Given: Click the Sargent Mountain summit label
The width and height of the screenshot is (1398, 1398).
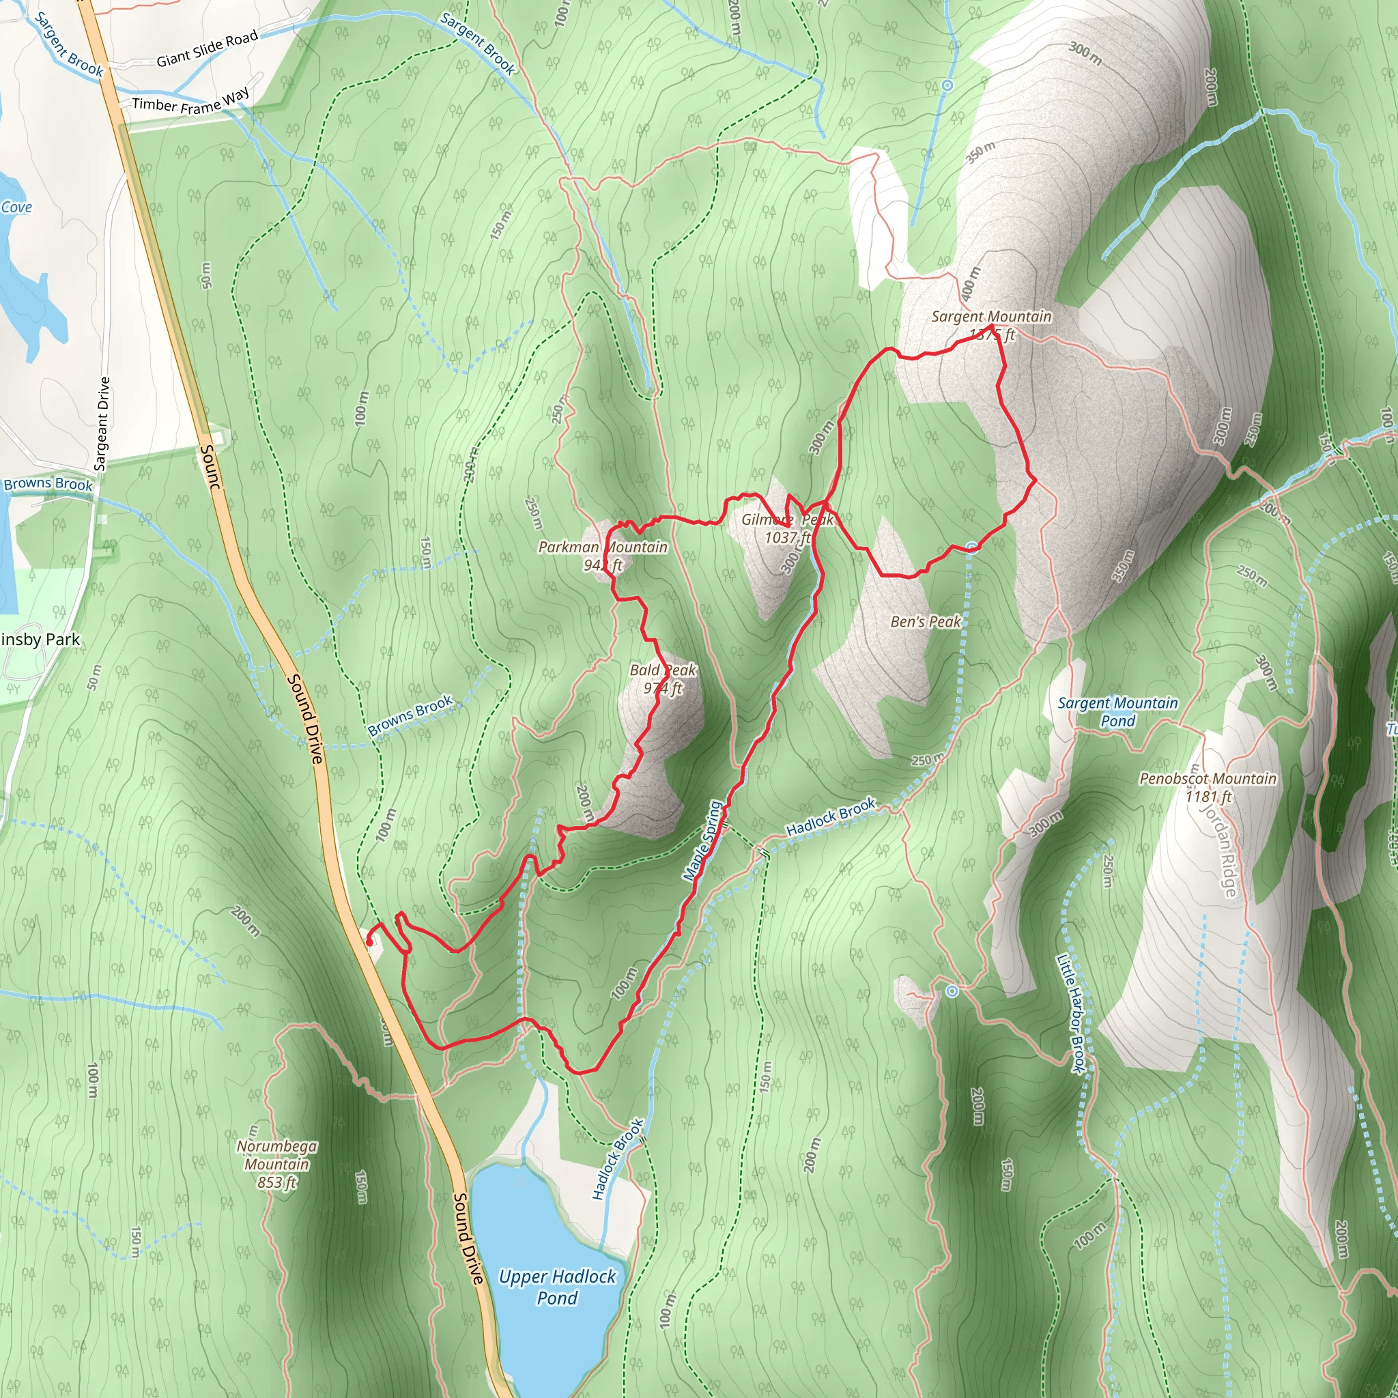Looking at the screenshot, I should click(990, 317).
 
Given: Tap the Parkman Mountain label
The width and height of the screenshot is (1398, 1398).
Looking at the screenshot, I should click(602, 547).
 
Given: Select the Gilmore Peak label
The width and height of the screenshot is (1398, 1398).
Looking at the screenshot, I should click(787, 519).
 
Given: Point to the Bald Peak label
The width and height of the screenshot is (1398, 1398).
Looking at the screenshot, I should click(663, 670).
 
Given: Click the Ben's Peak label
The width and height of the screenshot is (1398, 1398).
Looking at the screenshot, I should click(926, 622).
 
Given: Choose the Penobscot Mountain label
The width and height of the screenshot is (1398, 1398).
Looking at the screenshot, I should click(1208, 779).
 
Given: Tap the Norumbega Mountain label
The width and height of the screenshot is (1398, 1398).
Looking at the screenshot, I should click(276, 1155).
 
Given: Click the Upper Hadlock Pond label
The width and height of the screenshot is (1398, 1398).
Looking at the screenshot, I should click(557, 1287).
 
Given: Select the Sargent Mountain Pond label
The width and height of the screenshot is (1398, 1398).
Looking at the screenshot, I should click(1117, 711).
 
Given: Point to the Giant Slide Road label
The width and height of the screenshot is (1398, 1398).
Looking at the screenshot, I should click(207, 49).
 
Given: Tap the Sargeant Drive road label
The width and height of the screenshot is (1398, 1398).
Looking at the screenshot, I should click(103, 424).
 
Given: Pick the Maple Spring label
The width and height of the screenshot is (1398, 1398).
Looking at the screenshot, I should click(702, 842).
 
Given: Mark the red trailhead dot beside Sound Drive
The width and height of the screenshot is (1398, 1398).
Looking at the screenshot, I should click(370, 942).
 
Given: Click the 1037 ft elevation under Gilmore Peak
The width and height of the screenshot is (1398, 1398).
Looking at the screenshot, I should click(787, 538).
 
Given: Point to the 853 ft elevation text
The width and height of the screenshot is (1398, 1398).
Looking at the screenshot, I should click(276, 1182).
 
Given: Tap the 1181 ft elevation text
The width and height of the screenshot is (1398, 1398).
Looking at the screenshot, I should click(1208, 797).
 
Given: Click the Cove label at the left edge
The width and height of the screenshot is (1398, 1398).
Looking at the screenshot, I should click(16, 208).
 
